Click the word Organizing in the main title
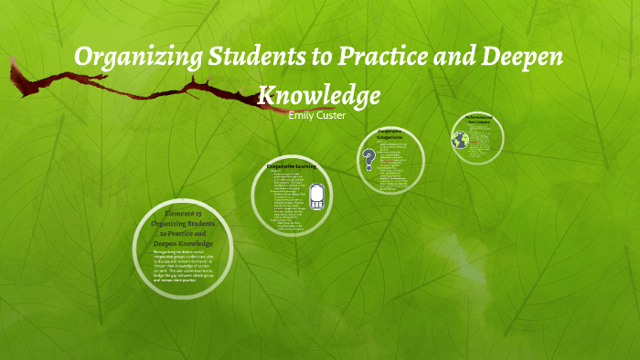pyautogui.click(x=129, y=58)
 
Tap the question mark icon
pyautogui.click(x=369, y=160)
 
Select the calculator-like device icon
pyautogui.click(x=315, y=196)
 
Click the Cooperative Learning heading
pyautogui.click(x=291, y=166)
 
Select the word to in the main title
pyautogui.click(x=319, y=58)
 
